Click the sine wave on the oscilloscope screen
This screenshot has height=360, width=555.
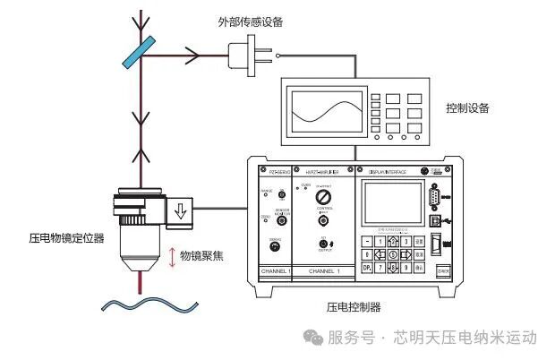point(324,114)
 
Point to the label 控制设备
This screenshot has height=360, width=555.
point(467,108)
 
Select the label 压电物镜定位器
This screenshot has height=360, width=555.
point(66,239)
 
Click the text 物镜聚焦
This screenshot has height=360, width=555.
point(202,255)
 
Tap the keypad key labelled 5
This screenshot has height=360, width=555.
point(394,253)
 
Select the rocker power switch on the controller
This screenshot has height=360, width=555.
point(437,245)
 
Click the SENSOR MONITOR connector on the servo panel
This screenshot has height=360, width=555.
point(282,219)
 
